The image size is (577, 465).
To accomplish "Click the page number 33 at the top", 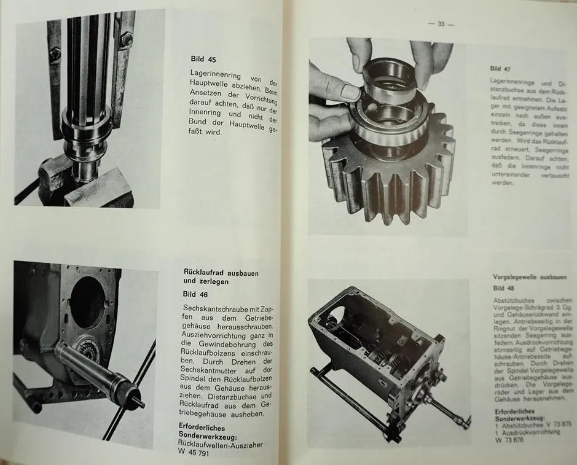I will coord(441,24).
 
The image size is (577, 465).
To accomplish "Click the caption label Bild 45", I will coord(203,60).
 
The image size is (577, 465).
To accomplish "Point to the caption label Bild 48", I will coord(504,288).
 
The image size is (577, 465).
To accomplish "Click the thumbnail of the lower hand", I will coord(349,92).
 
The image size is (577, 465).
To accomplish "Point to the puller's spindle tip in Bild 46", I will coord(140,404).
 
